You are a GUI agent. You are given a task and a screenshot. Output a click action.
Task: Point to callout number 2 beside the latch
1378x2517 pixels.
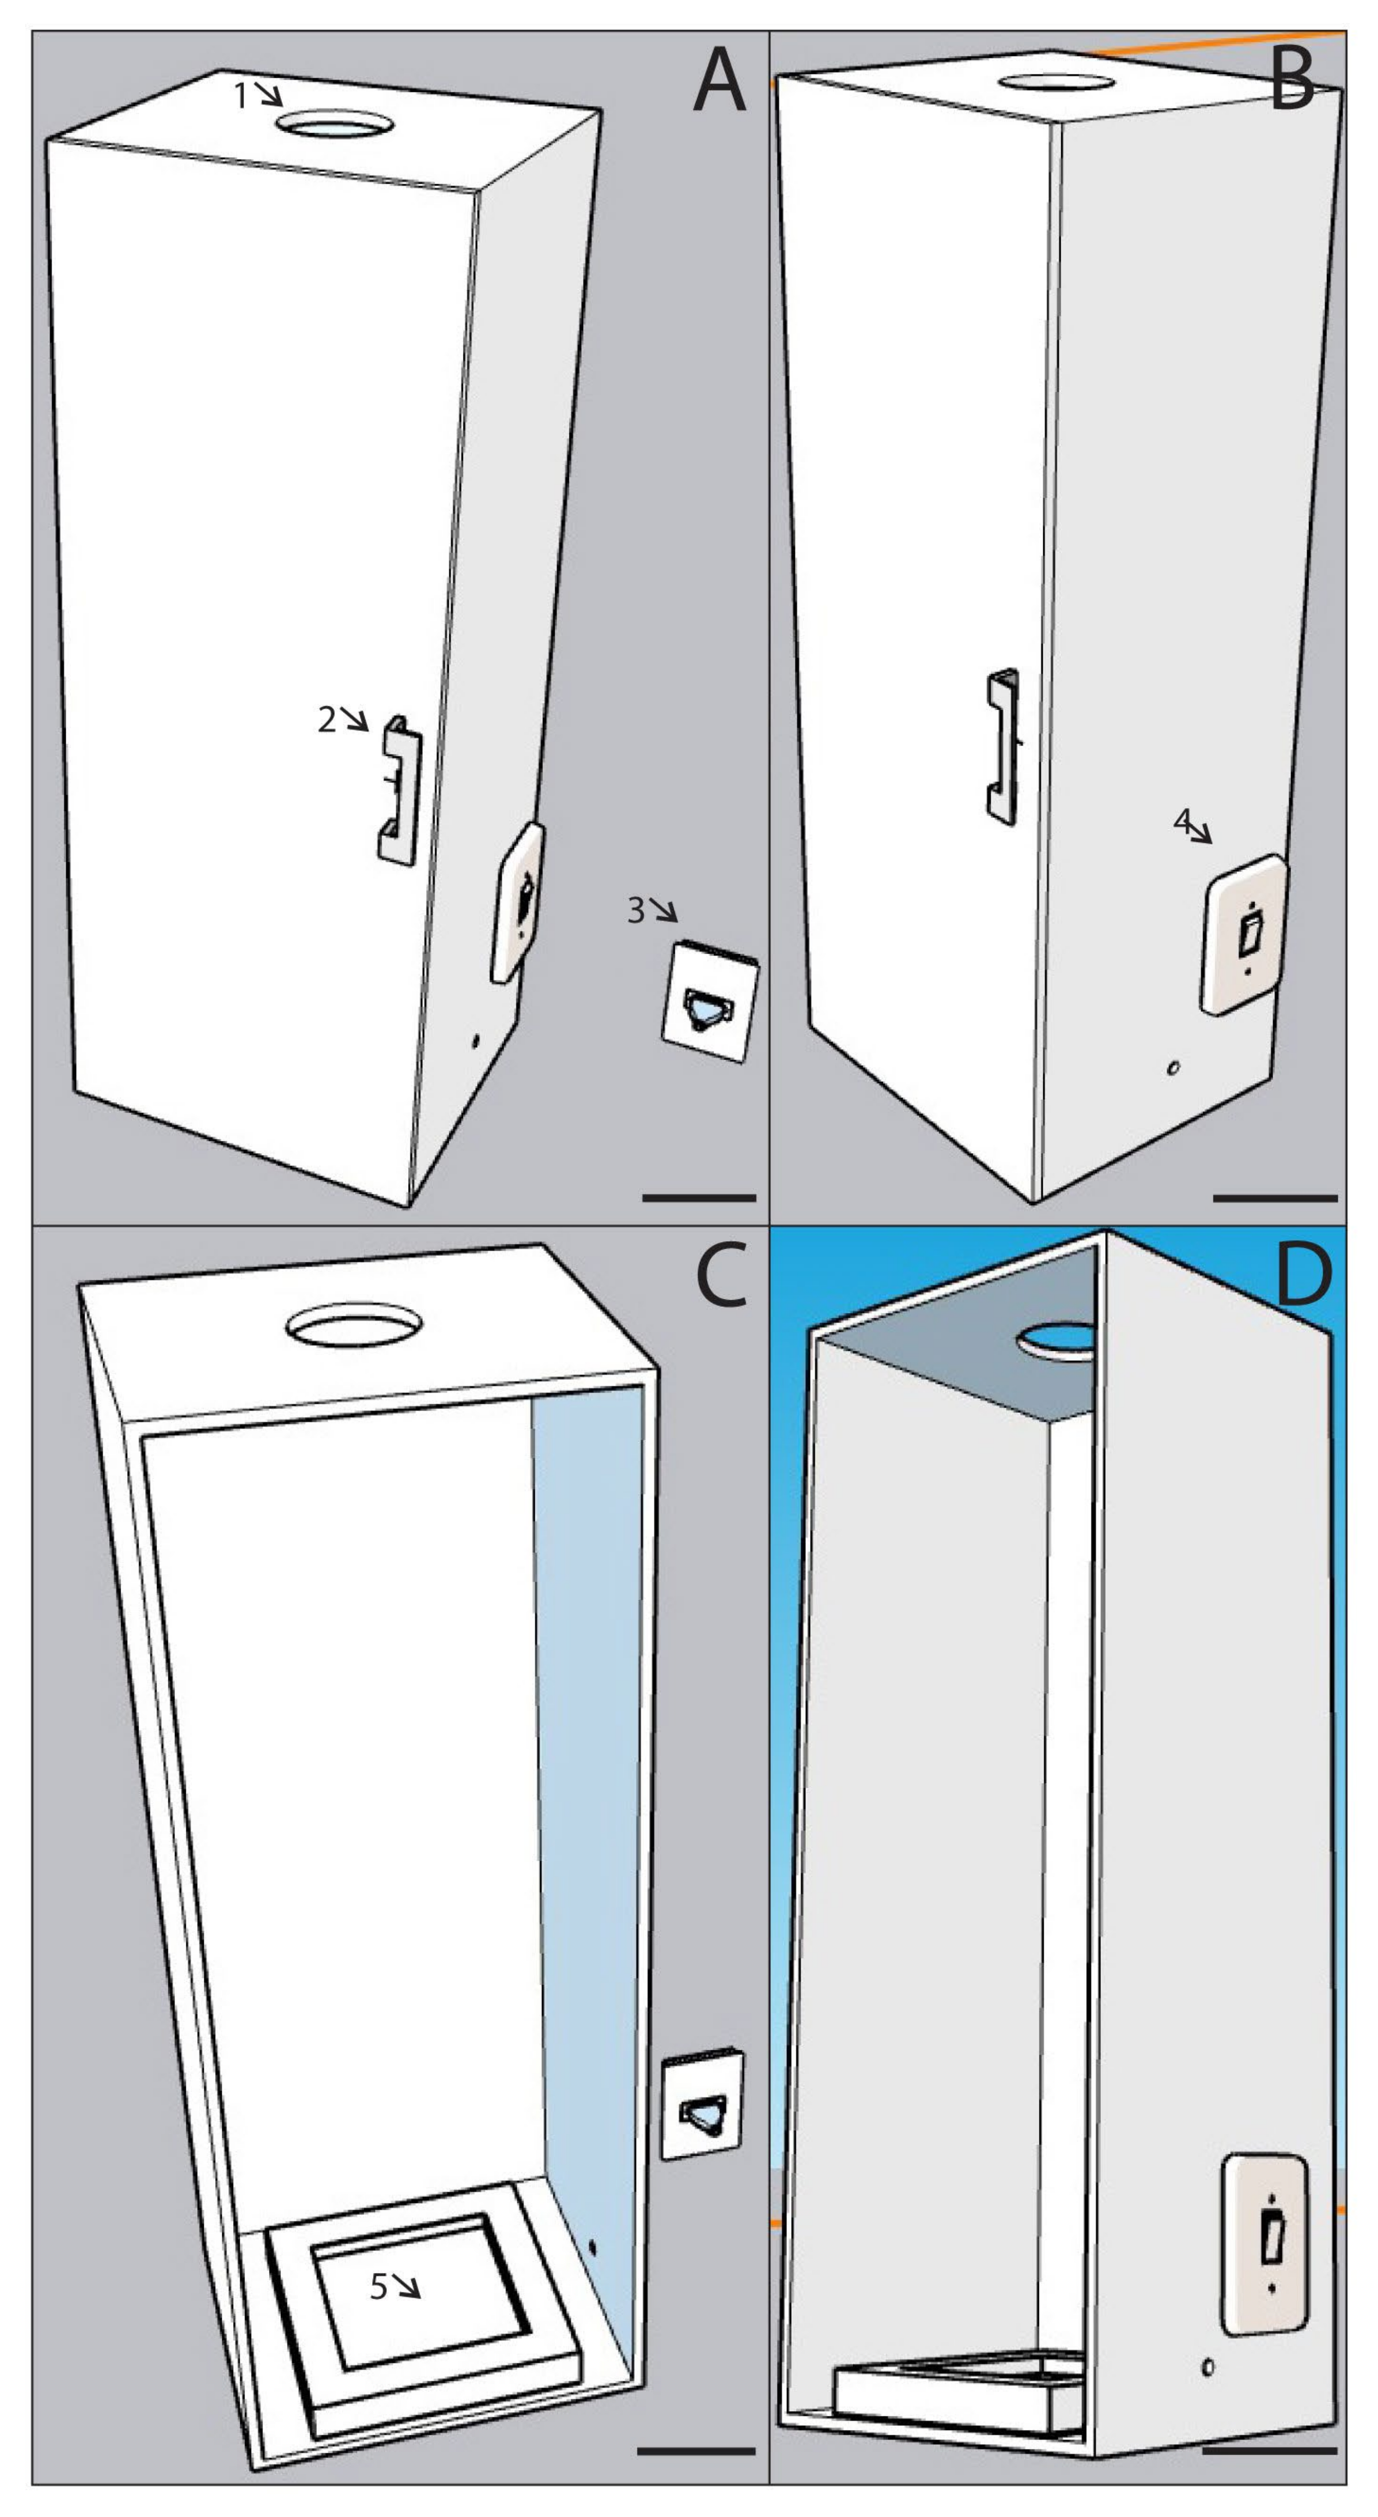pos(327,720)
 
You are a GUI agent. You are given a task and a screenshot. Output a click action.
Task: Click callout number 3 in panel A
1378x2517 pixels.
pos(636,911)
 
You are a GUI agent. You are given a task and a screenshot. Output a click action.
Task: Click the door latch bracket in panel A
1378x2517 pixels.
pos(400,790)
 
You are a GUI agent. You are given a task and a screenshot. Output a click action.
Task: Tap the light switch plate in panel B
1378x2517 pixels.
pos(1245,934)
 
